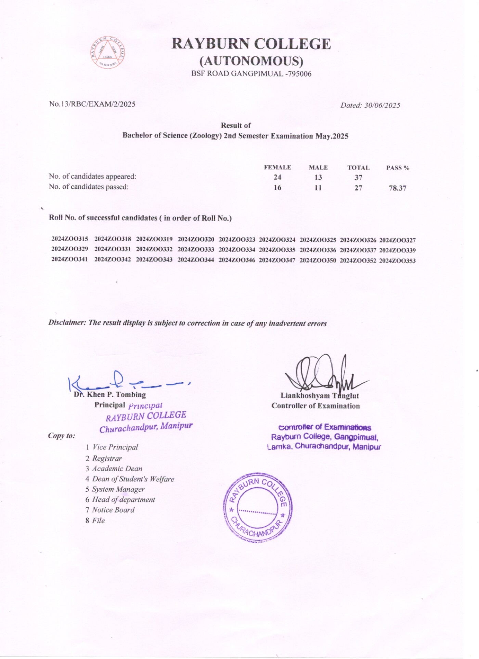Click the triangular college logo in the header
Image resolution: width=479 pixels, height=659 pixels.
coord(108,52)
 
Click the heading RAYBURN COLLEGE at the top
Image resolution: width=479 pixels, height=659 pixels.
coord(251,44)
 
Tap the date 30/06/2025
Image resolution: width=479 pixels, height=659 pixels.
coord(382,105)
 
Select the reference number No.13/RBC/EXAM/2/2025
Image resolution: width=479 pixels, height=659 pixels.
coord(92,104)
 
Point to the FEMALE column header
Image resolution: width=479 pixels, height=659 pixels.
coord(277,168)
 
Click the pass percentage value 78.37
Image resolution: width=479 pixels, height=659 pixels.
coord(397,188)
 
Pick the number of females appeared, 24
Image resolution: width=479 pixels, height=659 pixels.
coord(277,177)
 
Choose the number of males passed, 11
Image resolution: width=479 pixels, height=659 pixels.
coord(318,188)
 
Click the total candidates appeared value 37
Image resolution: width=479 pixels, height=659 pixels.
coord(358,177)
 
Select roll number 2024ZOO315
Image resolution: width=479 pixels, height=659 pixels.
coord(70,239)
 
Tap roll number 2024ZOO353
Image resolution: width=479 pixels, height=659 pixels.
coord(397,261)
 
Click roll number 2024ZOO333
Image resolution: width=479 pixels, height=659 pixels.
coord(196,249)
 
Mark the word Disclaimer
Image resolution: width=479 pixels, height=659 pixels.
coord(66,323)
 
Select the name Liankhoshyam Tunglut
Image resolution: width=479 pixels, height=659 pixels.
coord(320,396)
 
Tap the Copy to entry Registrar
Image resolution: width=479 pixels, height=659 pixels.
coord(107,458)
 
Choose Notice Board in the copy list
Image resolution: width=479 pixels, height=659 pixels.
coord(113,510)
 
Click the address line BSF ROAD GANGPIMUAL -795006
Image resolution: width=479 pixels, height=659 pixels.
coord(251,74)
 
